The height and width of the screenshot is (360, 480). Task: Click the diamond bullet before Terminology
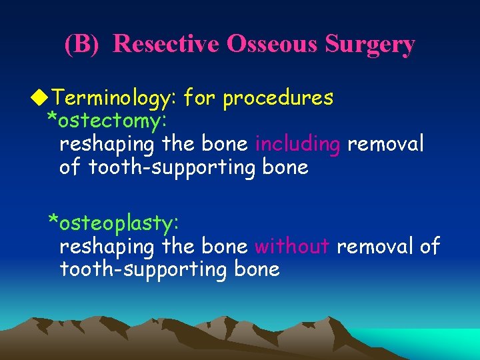44,99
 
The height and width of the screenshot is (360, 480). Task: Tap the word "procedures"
278,99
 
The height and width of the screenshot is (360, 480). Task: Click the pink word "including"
299,144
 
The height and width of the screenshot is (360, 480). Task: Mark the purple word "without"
292,247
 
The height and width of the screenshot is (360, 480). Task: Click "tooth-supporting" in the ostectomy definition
167,167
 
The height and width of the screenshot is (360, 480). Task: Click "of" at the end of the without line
430,247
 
